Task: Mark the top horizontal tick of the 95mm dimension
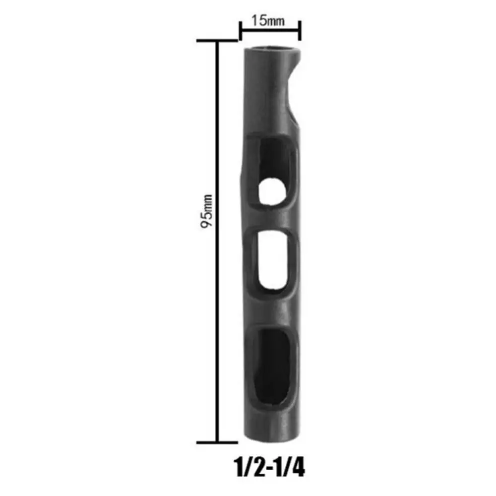(x=217, y=41)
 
